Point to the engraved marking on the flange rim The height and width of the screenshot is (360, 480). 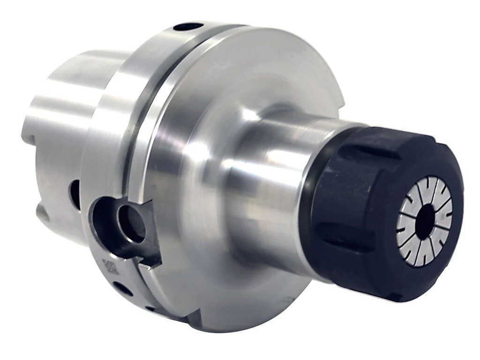point(111,267)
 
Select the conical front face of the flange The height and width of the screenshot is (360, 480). point(225,94)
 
